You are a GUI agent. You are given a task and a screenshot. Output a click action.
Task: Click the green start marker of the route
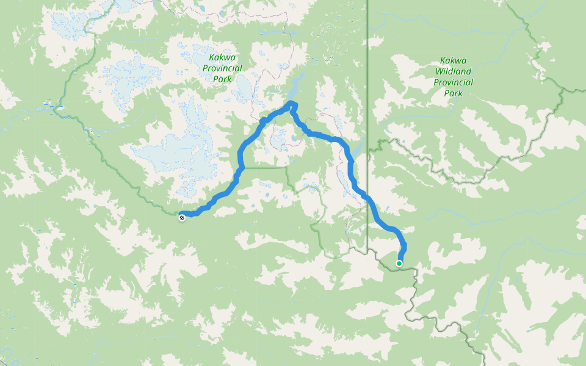pos(399,264)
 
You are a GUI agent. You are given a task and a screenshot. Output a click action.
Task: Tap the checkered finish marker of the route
pos(182,217)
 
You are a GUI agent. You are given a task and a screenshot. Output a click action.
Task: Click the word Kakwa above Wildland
pos(453,60)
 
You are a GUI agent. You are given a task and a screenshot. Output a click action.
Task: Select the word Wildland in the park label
pos(453,71)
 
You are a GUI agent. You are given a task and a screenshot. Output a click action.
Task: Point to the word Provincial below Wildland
pos(453,82)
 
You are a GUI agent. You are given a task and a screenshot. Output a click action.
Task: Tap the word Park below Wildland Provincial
pos(453,93)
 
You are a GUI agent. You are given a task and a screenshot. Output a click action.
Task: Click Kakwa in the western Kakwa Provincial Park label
pos(222,58)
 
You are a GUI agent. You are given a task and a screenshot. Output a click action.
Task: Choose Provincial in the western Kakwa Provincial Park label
pos(222,68)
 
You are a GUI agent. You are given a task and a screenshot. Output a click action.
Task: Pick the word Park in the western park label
pos(222,79)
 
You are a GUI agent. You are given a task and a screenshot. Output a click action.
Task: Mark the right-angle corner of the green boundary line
pos(288,167)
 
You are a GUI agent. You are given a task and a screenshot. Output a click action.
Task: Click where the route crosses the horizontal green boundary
pos(242,167)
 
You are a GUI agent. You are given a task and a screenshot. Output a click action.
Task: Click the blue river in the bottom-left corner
pos(6,354)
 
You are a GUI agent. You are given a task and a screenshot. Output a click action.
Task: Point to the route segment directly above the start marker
pos(403,247)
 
